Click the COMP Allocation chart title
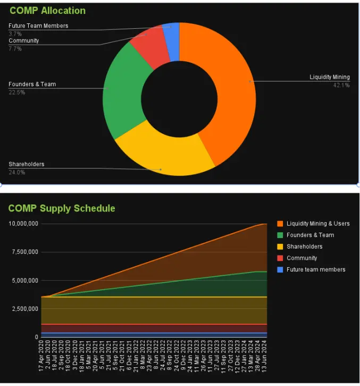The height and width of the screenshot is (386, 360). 47,11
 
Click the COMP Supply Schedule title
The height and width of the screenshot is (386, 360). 62,208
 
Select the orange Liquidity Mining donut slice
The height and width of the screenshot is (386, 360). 234,96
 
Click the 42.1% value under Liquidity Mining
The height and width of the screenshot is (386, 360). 341,85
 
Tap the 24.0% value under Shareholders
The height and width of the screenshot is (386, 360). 16,172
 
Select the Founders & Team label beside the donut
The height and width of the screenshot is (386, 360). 32,84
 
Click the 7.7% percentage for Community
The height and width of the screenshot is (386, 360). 14,48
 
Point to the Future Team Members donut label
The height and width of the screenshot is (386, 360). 38,26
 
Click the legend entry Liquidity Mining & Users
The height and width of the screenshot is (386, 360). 318,224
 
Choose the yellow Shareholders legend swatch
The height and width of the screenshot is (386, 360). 280,247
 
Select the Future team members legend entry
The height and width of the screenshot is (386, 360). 315,269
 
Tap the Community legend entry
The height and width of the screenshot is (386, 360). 302,258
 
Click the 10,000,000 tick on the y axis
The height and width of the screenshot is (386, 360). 23,224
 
